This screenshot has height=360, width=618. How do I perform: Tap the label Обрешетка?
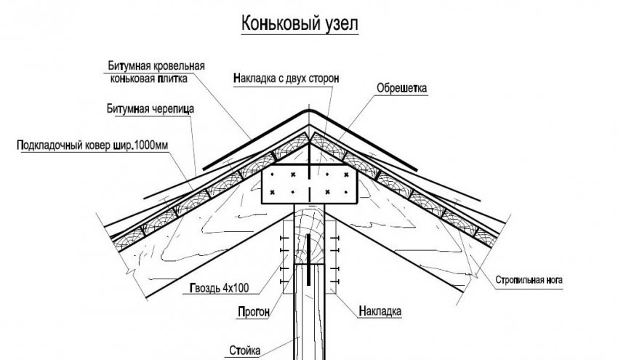[401, 89]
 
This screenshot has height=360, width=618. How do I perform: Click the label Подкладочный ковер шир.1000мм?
[92, 145]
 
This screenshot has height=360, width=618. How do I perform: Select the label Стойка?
[244, 350]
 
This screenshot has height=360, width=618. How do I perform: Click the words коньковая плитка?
[148, 79]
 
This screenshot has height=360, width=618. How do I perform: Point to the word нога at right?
[553, 279]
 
